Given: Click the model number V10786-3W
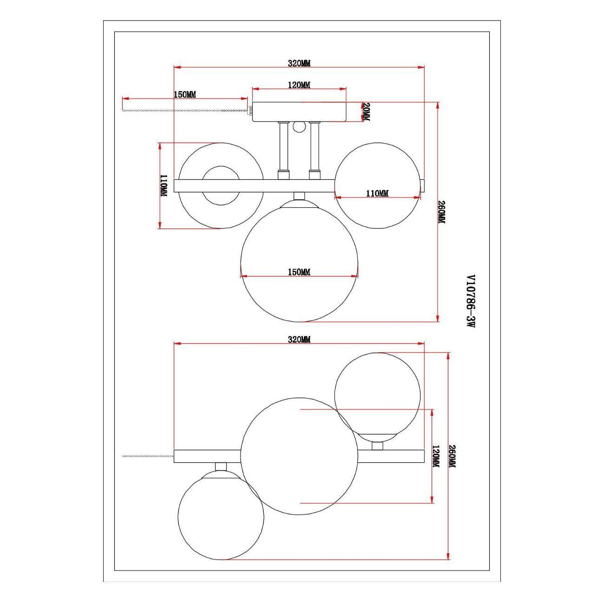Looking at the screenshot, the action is [471, 301].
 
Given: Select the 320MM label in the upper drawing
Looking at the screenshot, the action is [299, 63].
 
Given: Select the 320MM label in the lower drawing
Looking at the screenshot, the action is [299, 340].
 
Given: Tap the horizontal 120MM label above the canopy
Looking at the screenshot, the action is [299, 85].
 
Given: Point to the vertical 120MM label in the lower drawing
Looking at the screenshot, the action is [436, 458].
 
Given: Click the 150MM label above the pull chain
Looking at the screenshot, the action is [185, 94].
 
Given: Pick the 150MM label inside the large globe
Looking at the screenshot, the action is [299, 272].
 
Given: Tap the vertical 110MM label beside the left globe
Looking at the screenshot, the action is [164, 186].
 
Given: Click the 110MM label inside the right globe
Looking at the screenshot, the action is [377, 193].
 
